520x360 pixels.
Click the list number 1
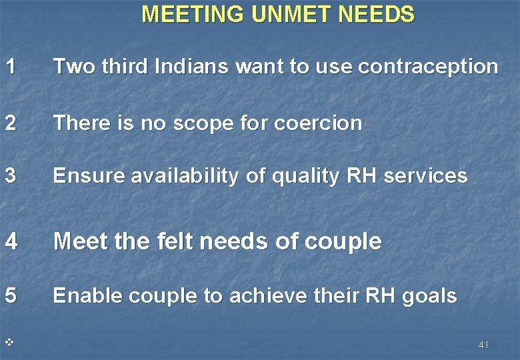[9, 66]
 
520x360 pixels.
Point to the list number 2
[9, 123]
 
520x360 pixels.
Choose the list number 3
[9, 176]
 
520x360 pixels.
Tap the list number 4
[10, 241]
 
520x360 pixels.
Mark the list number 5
[9, 296]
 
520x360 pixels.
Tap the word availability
[184, 177]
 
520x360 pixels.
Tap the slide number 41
[483, 345]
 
